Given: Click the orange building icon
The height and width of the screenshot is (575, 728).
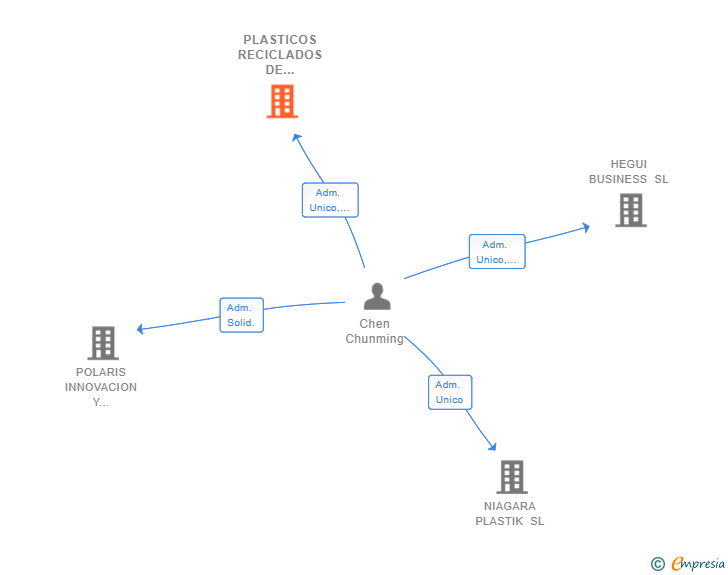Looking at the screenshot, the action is pyautogui.click(x=282, y=101).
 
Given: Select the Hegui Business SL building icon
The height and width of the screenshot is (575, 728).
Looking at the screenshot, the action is pyautogui.click(x=631, y=210).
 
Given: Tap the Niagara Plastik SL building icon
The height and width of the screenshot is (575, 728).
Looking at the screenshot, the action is pyautogui.click(x=512, y=477).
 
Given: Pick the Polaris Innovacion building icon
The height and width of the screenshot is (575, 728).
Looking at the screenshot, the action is pyautogui.click(x=103, y=343).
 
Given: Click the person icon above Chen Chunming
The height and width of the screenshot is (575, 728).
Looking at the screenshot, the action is pyautogui.click(x=377, y=296).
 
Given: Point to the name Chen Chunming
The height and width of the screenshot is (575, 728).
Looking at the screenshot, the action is pyautogui.click(x=375, y=331).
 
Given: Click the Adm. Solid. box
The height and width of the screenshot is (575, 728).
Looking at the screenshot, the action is pyautogui.click(x=241, y=315).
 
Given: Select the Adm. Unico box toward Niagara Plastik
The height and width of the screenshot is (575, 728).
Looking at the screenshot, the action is pyautogui.click(x=450, y=392).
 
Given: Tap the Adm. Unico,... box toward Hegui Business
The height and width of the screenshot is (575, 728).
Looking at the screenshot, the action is pyautogui.click(x=497, y=251).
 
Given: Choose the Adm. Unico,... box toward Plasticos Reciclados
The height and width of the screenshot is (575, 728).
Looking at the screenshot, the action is pyautogui.click(x=330, y=200).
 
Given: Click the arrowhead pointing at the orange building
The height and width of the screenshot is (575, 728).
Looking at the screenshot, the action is pyautogui.click(x=296, y=137).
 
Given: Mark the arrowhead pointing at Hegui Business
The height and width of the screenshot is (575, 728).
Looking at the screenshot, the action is pyautogui.click(x=586, y=228).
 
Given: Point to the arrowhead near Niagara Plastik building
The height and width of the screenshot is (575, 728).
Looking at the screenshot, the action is pyautogui.click(x=493, y=447).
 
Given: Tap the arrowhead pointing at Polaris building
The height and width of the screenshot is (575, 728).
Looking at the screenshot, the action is pyautogui.click(x=140, y=329).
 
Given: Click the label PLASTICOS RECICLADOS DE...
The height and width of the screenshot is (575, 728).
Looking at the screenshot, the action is pyautogui.click(x=280, y=54).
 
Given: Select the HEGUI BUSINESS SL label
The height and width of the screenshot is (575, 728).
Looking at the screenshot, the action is pyautogui.click(x=629, y=171).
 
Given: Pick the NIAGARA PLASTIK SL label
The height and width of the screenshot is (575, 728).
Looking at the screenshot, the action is pyautogui.click(x=510, y=513).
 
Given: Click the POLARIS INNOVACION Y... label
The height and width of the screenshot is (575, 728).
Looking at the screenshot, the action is pyautogui.click(x=101, y=387).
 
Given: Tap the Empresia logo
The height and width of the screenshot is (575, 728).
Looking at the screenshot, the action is pyautogui.click(x=698, y=563).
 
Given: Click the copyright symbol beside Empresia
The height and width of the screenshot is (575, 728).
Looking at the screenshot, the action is pyautogui.click(x=658, y=564).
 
